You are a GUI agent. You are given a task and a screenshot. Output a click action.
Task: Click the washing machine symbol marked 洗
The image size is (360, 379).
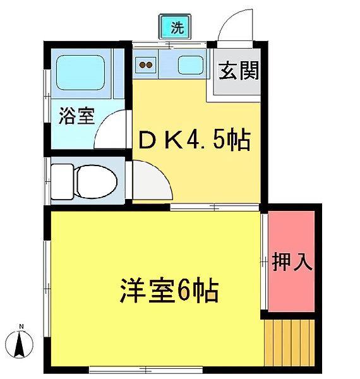coord(175,27)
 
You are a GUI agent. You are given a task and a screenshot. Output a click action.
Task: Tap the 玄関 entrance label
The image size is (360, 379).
coord(239,71)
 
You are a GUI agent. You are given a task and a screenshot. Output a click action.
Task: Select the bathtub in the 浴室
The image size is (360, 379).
coord(80,73)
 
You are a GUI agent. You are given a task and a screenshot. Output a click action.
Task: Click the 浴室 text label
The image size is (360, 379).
coord(76,116)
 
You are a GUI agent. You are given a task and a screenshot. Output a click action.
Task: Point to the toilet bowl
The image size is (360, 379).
coord(96,181)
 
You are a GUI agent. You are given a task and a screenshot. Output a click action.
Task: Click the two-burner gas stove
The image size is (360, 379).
coord(145,65)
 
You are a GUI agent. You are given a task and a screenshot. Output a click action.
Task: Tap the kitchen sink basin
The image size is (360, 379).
coord(191,65)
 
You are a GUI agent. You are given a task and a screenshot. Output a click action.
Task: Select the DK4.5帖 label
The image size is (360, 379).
coord(194,140)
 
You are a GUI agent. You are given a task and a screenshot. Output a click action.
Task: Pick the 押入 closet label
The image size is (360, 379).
coord(292,262)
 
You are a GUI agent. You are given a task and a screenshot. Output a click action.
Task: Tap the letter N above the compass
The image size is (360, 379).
coord(21,327)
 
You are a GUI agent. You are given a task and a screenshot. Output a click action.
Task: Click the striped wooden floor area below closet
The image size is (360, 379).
coord(289,342)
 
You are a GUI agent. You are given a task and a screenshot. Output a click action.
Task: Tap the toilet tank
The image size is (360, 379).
coord(63,181)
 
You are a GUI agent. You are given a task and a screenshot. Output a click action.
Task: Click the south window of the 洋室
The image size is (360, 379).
coord(146,370)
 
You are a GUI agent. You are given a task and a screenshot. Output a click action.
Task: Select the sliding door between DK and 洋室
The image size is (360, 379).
coord(215,207)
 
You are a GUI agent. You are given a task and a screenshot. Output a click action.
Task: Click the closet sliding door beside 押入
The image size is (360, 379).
coord(265,262)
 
